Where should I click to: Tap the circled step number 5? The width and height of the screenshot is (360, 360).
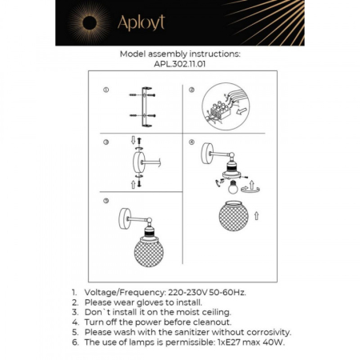pyautogui.click(x=106, y=200)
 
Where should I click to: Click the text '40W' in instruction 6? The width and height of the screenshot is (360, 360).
pyautogui.click(x=272, y=341)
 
